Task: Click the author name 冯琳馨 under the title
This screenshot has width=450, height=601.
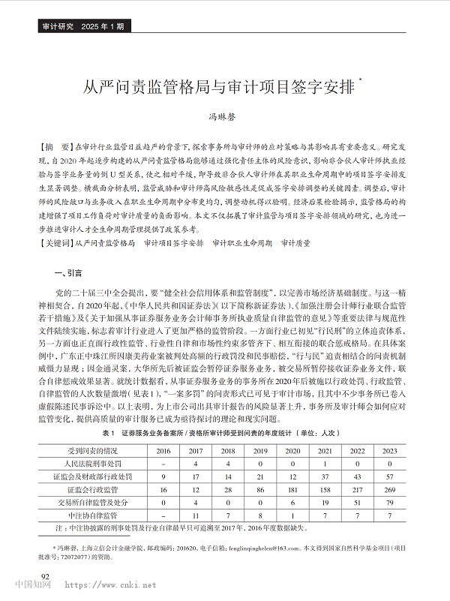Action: [x=222, y=118]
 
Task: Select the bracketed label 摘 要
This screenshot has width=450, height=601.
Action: [x=57, y=146]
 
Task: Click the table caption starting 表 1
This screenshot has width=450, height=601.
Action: [x=224, y=433]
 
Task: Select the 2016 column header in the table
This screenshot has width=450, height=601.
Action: [x=163, y=450]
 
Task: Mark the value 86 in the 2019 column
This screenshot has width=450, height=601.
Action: [x=260, y=489]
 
